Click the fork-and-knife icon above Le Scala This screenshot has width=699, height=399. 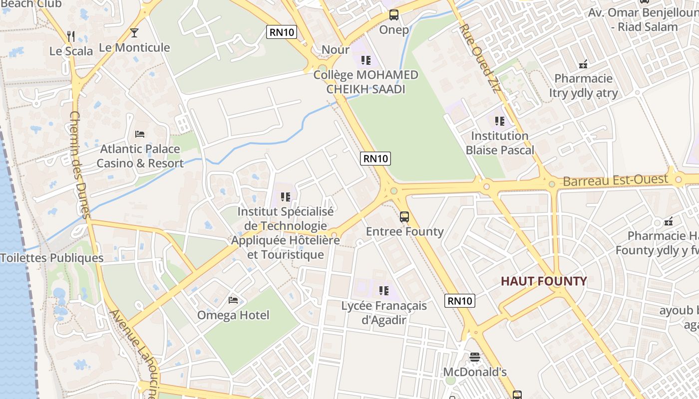[x=71, y=36]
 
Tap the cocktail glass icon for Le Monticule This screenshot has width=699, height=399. [x=134, y=33]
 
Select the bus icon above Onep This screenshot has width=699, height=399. [x=394, y=15]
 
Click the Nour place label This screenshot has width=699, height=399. [x=336, y=49]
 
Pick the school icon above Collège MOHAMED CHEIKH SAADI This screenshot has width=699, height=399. [x=366, y=60]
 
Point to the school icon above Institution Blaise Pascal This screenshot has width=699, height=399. [x=499, y=121]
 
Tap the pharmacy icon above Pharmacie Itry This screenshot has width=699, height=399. [x=583, y=64]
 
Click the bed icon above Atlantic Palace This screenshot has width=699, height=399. [x=140, y=134]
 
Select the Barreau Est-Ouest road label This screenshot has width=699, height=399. [x=615, y=180]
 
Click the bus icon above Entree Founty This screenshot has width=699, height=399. [x=404, y=217]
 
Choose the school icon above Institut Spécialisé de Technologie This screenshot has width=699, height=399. [x=286, y=197]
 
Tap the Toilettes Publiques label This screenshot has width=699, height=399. [x=52, y=258]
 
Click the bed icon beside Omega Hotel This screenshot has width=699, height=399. [x=233, y=300]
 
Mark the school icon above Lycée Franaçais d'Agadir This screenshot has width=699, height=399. [x=383, y=290]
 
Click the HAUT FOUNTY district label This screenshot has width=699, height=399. [x=544, y=281]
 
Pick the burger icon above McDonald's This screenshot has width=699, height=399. [x=474, y=357]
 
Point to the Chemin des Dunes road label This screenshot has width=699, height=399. [x=79, y=165]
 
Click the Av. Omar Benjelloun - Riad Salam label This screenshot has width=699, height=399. [x=643, y=19]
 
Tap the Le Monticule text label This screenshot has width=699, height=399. [x=134, y=48]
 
